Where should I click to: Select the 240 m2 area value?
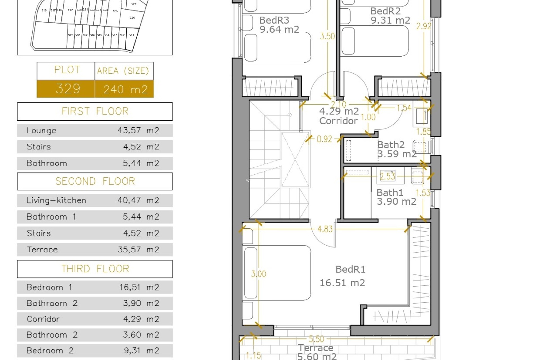(x=125, y=89)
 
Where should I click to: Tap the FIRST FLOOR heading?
(x=95, y=111)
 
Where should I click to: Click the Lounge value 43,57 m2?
(x=138, y=130)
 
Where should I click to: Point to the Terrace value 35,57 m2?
(x=138, y=250)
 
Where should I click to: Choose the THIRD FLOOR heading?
(x=95, y=269)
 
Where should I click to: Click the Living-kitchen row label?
(x=56, y=201)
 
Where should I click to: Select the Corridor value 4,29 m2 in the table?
(x=141, y=319)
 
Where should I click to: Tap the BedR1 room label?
(x=350, y=269)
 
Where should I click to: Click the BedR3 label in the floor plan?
(x=274, y=20)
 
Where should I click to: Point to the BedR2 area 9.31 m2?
(x=390, y=20)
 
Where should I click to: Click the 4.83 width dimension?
(x=325, y=229)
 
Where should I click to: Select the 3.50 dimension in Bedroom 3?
(x=327, y=36)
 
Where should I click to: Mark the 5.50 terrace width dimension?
(x=316, y=339)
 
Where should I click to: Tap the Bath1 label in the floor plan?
(x=390, y=193)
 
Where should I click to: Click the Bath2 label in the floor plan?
(x=391, y=145)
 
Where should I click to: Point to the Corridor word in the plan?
(x=338, y=121)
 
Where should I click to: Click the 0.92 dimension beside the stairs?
(x=324, y=139)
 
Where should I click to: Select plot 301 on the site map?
(x=131, y=35)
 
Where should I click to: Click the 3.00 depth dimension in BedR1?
(x=258, y=274)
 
